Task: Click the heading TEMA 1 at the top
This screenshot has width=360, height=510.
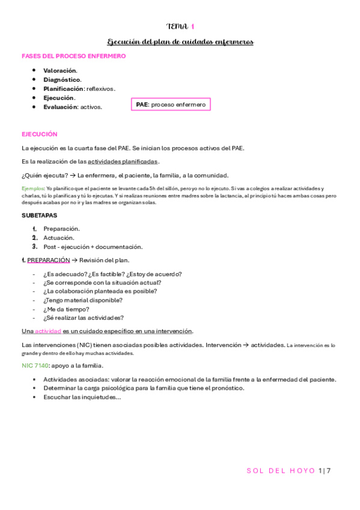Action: (180, 26)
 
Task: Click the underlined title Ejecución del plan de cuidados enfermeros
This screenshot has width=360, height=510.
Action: (180, 41)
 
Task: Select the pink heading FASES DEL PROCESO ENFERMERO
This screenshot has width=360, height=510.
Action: (73, 56)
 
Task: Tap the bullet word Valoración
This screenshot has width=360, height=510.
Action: (59, 70)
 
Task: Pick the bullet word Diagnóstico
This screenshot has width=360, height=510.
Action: (62, 79)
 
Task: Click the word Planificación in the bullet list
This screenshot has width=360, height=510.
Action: (63, 88)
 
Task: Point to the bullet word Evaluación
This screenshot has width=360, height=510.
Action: (60, 106)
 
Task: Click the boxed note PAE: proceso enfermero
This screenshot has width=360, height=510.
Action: (171, 105)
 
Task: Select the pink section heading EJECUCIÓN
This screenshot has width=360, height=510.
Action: (39, 134)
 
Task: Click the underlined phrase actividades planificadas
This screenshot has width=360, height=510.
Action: (123, 161)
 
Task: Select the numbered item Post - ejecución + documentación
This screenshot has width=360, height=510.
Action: (93, 247)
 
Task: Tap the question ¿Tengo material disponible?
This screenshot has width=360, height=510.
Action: (82, 300)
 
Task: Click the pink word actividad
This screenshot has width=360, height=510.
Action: (47, 331)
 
